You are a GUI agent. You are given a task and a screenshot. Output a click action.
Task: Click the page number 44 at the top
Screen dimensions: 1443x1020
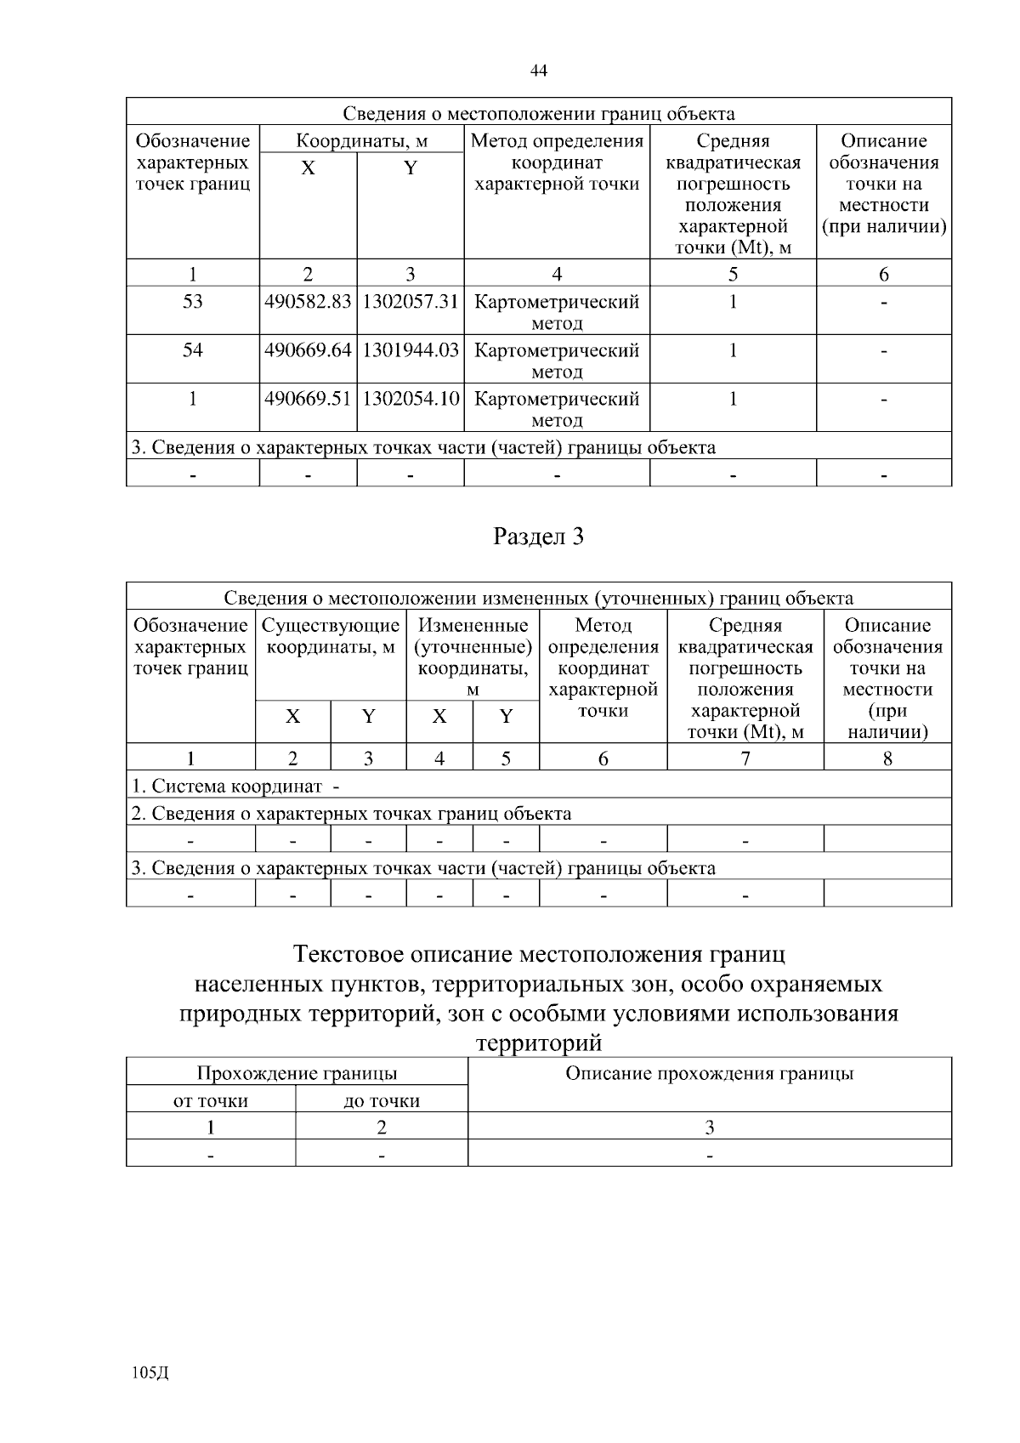pyautogui.click(x=538, y=71)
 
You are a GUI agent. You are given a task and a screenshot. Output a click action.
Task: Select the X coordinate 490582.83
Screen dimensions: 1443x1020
pyautogui.click(x=308, y=302)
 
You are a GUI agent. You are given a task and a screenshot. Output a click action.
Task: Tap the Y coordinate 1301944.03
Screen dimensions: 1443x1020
pyautogui.click(x=411, y=350)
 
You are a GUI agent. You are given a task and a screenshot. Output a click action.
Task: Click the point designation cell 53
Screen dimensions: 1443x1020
pyautogui.click(x=193, y=302)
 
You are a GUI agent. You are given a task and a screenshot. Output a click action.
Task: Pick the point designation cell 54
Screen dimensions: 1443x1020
pyautogui.click(x=193, y=350)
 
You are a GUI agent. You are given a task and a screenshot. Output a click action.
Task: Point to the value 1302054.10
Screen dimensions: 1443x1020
pyautogui.click(x=411, y=399)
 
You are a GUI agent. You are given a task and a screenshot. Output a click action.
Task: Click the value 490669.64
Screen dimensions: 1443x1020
pyautogui.click(x=308, y=350)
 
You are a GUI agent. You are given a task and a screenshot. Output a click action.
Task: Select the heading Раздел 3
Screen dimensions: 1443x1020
pyautogui.click(x=539, y=537)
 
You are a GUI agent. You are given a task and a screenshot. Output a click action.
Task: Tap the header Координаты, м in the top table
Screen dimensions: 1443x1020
pyautogui.click(x=361, y=141)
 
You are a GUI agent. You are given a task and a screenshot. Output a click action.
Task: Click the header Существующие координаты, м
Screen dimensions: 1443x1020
pyautogui.click(x=331, y=636)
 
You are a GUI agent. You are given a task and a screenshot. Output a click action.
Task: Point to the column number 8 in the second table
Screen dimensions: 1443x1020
pyautogui.click(x=887, y=758)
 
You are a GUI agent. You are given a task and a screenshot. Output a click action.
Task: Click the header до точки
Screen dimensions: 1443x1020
pyautogui.click(x=382, y=1101)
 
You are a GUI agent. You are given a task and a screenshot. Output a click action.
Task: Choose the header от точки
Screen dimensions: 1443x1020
pyautogui.click(x=211, y=1101)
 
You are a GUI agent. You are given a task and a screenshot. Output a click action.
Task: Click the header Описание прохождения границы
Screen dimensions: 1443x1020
pyautogui.click(x=710, y=1074)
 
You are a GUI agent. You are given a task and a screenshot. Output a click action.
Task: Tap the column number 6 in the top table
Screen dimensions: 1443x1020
pyautogui.click(x=884, y=274)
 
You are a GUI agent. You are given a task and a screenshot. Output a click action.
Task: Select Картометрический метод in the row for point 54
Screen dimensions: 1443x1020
pyautogui.click(x=557, y=360)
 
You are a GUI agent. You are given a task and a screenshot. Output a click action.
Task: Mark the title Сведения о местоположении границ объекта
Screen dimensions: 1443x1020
pyautogui.click(x=539, y=114)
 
